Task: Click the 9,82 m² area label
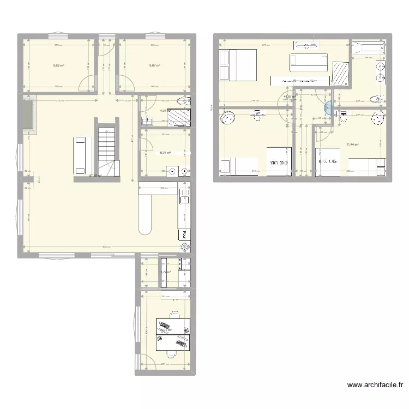(58, 65)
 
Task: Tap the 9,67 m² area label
(154, 65)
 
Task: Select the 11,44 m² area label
(352, 145)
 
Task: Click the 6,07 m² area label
(165, 153)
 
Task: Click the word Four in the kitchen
(185, 235)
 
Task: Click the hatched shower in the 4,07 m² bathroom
(178, 118)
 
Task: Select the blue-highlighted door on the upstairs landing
(327, 109)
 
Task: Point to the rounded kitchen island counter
(145, 210)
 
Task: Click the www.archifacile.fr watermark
(376, 384)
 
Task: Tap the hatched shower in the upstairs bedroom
(341, 74)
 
